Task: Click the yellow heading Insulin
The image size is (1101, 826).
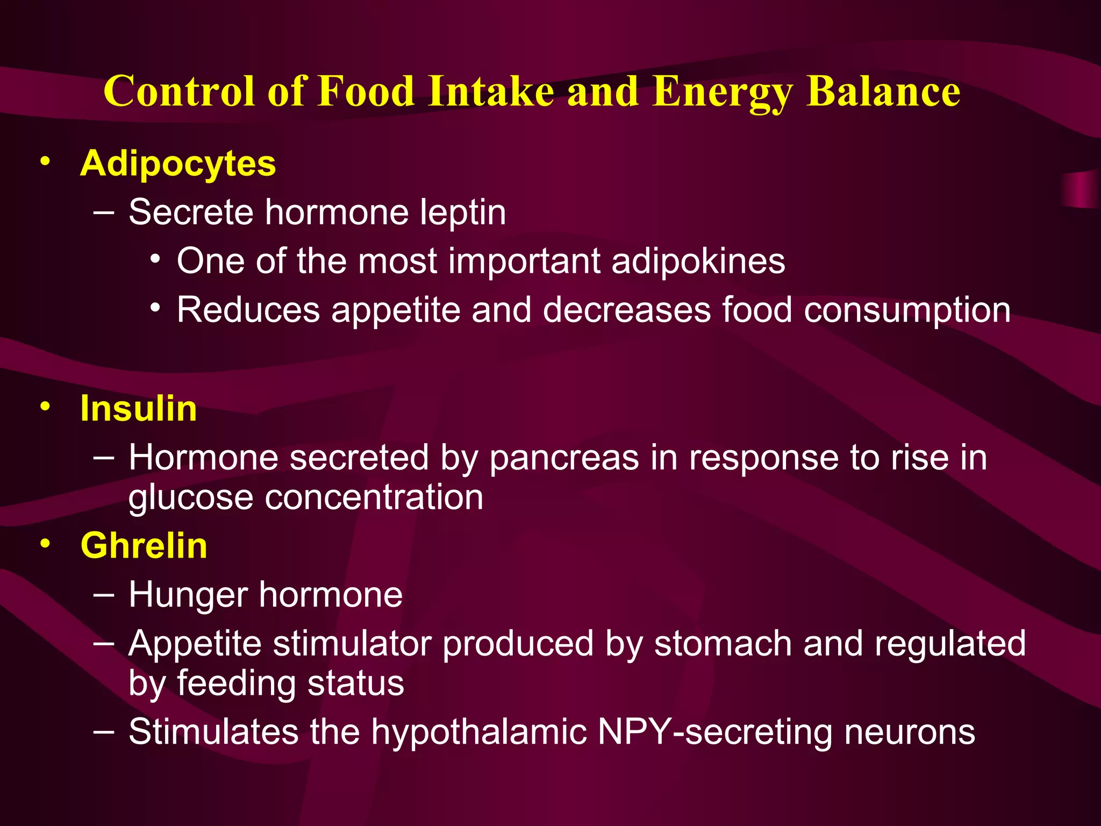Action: click(139, 408)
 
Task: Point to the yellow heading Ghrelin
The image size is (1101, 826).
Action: click(144, 545)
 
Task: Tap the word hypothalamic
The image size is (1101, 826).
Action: click(478, 732)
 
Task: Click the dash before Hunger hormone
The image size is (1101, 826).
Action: click(103, 595)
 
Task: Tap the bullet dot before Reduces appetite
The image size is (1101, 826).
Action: click(155, 308)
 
